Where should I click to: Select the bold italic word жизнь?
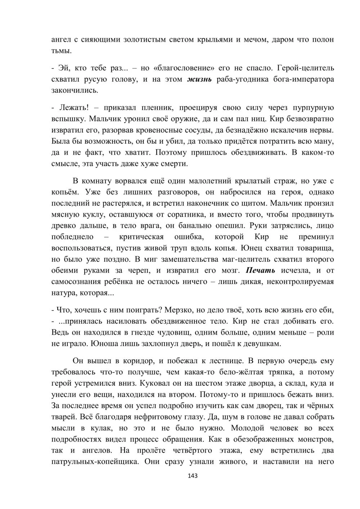coord(199,79)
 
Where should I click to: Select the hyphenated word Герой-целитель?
coord(302,68)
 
